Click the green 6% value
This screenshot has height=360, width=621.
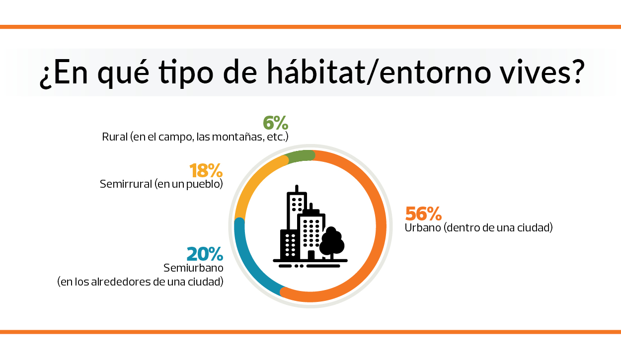click(275, 123)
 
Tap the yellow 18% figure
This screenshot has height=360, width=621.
click(206, 171)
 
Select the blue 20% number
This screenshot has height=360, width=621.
click(204, 254)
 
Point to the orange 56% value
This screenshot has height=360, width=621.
click(423, 214)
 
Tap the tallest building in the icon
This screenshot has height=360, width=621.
click(297, 209)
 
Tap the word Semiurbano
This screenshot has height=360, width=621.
click(193, 268)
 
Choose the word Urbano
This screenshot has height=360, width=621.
click(422, 228)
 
